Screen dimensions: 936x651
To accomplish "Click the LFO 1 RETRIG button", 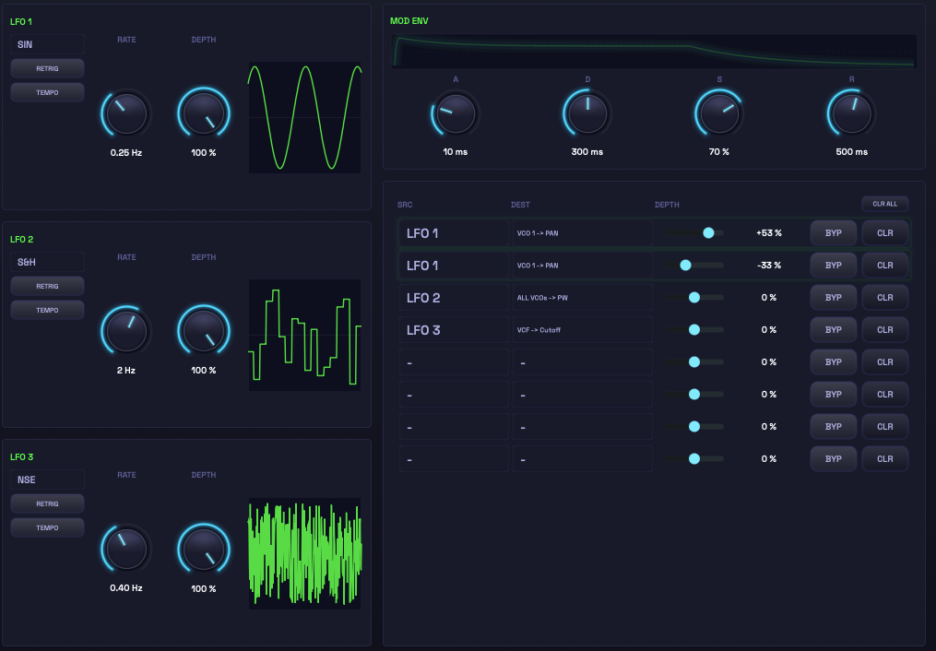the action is click(x=47, y=68).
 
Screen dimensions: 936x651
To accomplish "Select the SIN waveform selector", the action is click(x=47, y=44).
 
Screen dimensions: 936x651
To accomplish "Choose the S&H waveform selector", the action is click(x=47, y=262).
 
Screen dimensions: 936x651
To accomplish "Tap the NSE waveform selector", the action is click(x=47, y=479).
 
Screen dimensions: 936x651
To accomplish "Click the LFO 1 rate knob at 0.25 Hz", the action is click(x=126, y=113).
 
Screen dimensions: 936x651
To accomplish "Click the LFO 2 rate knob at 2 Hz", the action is click(x=126, y=331).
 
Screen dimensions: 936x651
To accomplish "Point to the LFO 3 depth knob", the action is click(x=204, y=549).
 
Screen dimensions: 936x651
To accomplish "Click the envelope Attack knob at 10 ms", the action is click(x=456, y=112).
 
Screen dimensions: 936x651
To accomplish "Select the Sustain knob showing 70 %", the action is click(x=719, y=112).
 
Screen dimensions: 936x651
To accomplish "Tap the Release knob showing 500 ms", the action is click(x=852, y=112).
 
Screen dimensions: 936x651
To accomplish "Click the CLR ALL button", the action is click(x=884, y=204).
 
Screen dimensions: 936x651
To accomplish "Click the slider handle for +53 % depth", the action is click(x=708, y=232).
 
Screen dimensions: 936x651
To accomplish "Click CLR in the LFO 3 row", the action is click(x=884, y=330).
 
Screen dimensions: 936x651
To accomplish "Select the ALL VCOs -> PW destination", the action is click(x=582, y=298).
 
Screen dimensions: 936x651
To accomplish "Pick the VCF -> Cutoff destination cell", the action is click(x=582, y=330).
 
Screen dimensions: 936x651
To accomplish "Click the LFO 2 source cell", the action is click(x=454, y=298).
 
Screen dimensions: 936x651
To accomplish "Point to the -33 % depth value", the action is click(x=769, y=266).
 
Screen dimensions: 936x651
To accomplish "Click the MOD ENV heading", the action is click(x=409, y=21).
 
